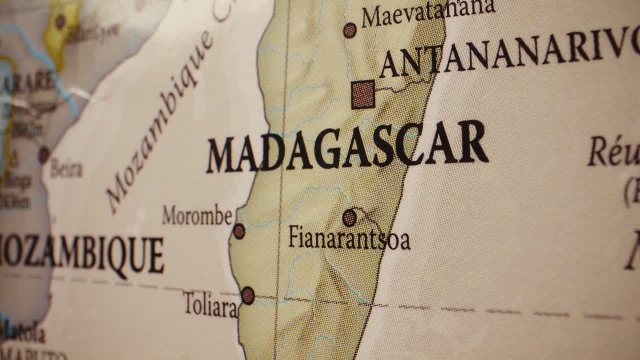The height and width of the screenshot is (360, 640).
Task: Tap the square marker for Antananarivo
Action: click(x=363, y=94)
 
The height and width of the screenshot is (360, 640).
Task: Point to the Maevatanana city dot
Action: click(x=350, y=30)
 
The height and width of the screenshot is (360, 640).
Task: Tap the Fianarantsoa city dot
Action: click(x=349, y=217)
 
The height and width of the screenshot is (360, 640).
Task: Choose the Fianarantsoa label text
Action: click(x=349, y=238)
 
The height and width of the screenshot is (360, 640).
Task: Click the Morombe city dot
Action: click(x=239, y=231)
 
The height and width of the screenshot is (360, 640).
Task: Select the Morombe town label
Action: click(x=197, y=215)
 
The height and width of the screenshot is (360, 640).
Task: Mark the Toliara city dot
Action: click(x=247, y=295)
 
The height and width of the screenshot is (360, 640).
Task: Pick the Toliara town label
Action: click(x=210, y=304)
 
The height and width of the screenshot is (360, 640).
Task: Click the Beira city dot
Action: click(x=44, y=154)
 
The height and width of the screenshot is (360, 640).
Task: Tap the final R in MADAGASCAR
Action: click(x=472, y=141)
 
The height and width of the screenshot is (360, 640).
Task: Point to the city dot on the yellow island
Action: click(x=60, y=21)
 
